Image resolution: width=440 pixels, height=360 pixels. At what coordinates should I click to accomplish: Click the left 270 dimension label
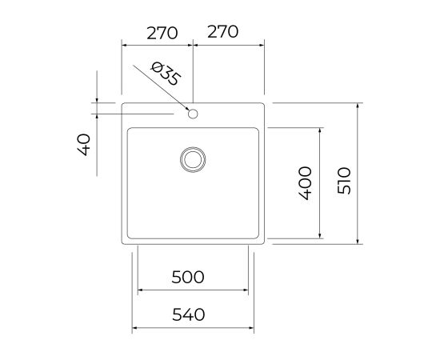pyautogui.click(x=162, y=33)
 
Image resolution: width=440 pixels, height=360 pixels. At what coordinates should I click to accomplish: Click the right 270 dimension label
pyautogui.click(x=223, y=31)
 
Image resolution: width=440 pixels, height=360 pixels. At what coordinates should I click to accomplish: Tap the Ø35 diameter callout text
pyautogui.click(x=166, y=74)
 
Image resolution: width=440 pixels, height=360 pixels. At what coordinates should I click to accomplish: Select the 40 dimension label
pyautogui.click(x=84, y=145)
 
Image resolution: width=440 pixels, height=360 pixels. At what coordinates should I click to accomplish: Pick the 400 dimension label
pyautogui.click(x=305, y=183)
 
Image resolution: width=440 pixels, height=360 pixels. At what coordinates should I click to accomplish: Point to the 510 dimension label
pyautogui.click(x=344, y=181)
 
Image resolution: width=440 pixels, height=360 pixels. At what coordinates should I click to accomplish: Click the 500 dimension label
pyautogui.click(x=188, y=277)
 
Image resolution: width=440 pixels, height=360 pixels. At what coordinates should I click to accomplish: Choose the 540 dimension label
pyautogui.click(x=188, y=314)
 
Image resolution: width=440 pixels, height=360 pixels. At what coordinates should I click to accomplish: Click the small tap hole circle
pyautogui.click(x=193, y=114)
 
